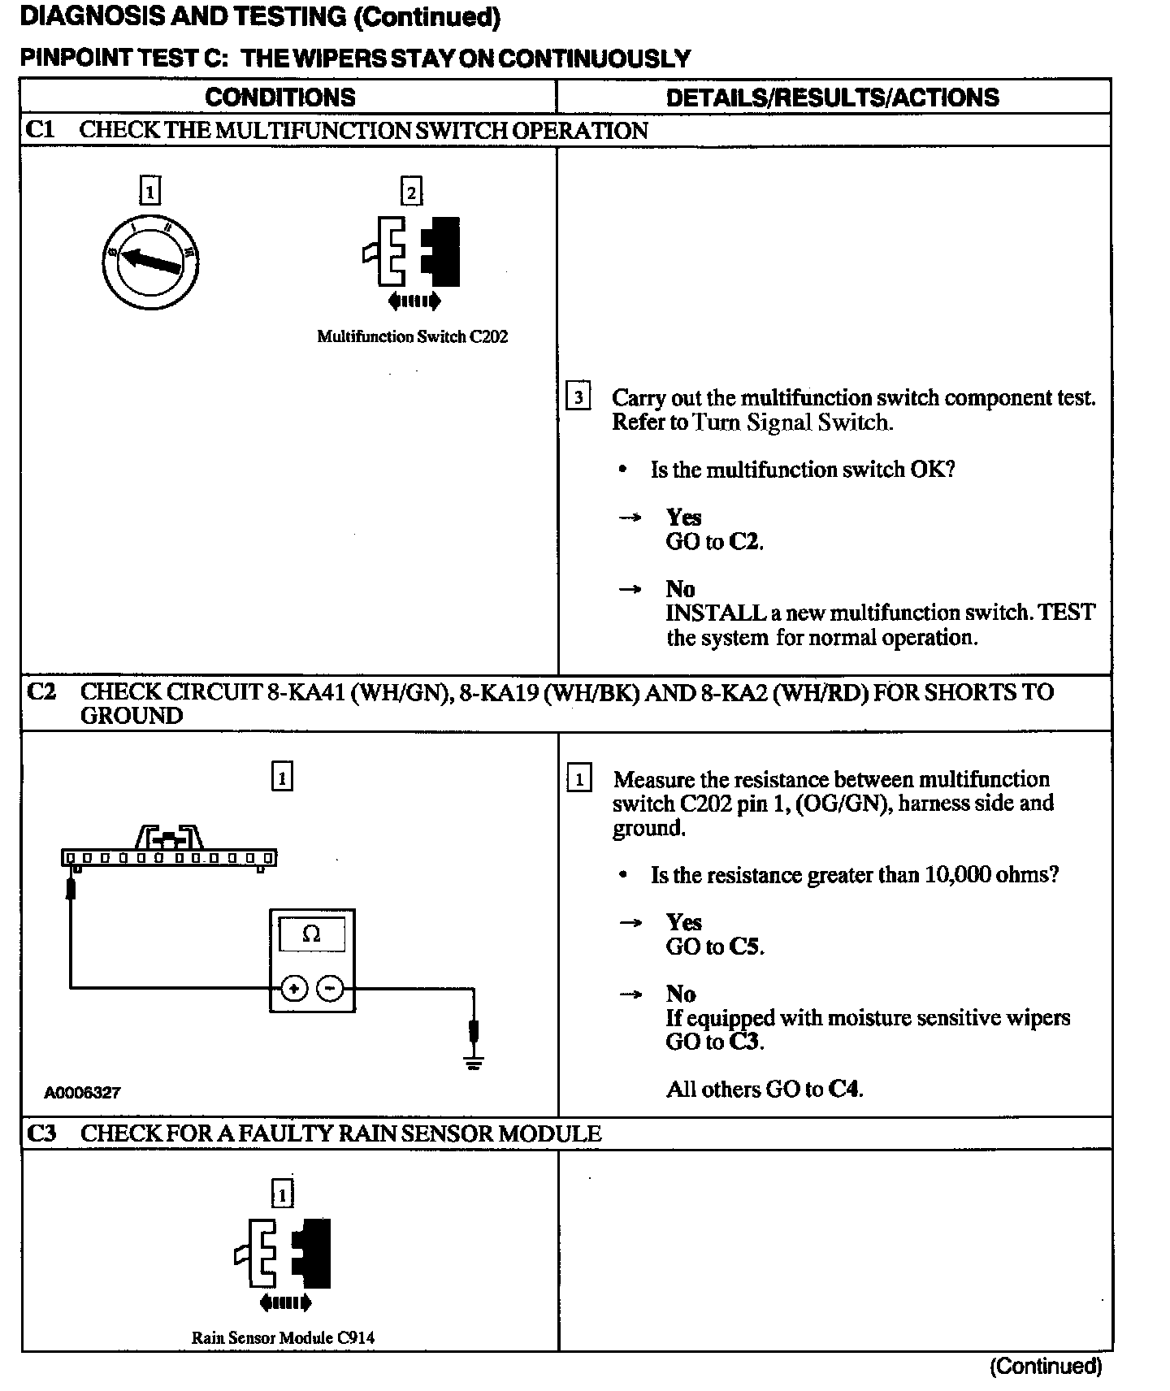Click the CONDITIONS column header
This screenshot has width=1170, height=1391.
[280, 97]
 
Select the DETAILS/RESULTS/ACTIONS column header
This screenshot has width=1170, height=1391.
[832, 97]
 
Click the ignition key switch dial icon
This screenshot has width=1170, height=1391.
[150, 262]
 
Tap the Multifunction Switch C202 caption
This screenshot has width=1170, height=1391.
[412, 337]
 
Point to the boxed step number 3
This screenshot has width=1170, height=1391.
[578, 397]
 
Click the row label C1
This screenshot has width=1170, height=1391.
[40, 130]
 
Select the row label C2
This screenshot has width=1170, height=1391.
[41, 692]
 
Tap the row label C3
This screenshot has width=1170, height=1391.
[41, 1133]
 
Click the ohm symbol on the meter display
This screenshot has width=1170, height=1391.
[311, 934]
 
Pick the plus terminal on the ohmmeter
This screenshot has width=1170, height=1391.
[293, 989]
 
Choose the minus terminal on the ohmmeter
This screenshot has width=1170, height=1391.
[330, 989]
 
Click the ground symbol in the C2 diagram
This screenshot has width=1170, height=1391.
[474, 1060]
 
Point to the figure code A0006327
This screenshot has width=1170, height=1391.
[82, 1093]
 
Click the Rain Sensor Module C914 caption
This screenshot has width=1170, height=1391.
[283, 1337]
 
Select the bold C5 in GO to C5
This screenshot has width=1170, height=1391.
[747, 947]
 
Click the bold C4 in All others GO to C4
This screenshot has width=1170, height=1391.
[844, 1090]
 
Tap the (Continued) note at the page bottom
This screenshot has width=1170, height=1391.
[1045, 1367]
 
